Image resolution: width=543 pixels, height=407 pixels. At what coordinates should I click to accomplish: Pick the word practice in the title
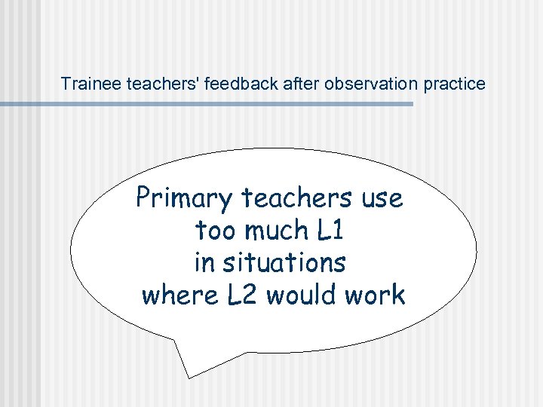455,84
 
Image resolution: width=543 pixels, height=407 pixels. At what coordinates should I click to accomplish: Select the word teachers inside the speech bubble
297,198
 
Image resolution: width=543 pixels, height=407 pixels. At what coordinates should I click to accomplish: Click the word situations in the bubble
283,263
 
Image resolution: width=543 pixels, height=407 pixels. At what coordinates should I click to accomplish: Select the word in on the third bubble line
204,263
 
